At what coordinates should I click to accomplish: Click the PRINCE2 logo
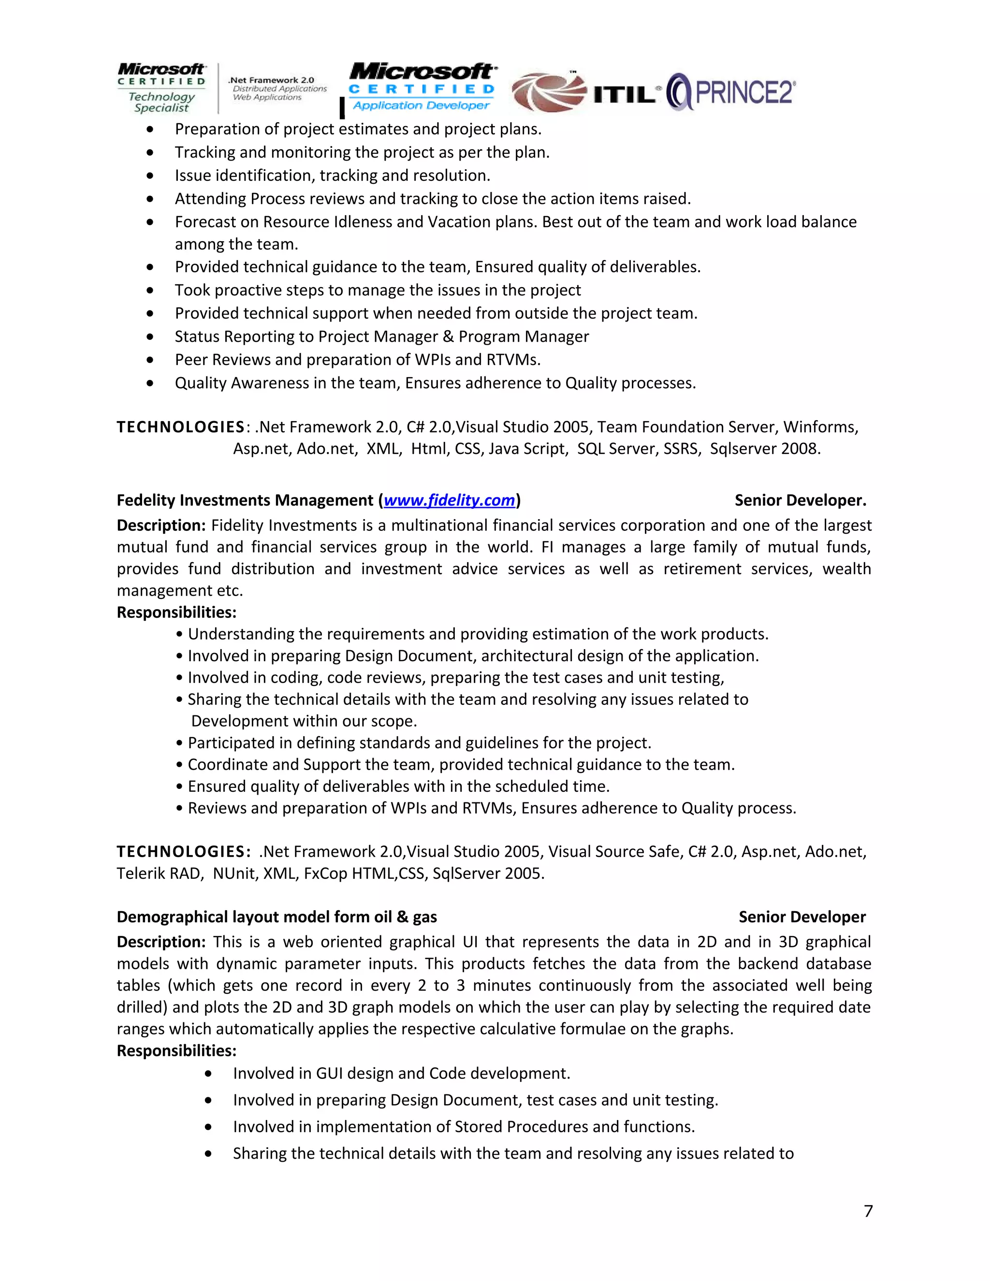[x=732, y=92]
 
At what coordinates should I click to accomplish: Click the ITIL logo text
[x=624, y=94]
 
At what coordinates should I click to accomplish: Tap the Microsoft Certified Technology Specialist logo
[x=161, y=88]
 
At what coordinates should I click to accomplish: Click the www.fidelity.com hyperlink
[x=449, y=500]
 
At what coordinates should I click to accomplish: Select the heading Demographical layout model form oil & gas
[x=277, y=917]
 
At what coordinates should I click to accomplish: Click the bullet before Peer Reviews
[x=151, y=360]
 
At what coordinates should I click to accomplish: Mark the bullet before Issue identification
[x=151, y=176]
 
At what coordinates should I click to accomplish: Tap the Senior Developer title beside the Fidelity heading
[x=800, y=500]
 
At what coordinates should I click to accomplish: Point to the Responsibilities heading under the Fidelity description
[x=176, y=612]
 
